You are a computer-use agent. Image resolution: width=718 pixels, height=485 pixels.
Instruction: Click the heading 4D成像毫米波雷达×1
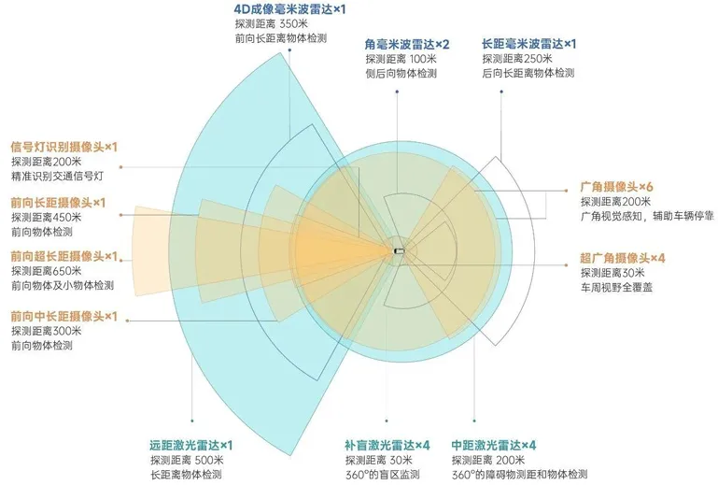(290, 8)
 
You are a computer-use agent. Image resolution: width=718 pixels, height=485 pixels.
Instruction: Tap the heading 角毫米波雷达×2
(408, 44)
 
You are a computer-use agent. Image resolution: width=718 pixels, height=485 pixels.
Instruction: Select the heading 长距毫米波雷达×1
(528, 44)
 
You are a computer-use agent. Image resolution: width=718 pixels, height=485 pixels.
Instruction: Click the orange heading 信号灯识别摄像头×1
(63, 147)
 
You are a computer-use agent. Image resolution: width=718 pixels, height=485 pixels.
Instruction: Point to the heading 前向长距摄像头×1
(58, 202)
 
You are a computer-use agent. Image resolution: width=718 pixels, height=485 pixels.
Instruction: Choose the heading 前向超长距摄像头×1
(63, 256)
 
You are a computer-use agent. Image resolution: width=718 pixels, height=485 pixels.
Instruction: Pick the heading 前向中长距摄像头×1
(63, 316)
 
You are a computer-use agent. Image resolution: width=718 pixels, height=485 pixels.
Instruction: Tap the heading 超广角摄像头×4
(622, 257)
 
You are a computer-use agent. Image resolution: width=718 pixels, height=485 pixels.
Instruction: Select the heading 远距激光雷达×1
(190, 445)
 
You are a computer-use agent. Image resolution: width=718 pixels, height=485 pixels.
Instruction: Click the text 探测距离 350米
(272, 24)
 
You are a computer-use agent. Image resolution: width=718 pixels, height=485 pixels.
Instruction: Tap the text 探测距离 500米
(186, 461)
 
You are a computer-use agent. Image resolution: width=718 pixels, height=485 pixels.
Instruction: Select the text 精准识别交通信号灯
(63, 177)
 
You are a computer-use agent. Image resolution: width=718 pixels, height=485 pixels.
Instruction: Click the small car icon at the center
(399, 250)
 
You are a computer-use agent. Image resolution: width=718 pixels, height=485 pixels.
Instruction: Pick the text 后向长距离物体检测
(528, 73)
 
